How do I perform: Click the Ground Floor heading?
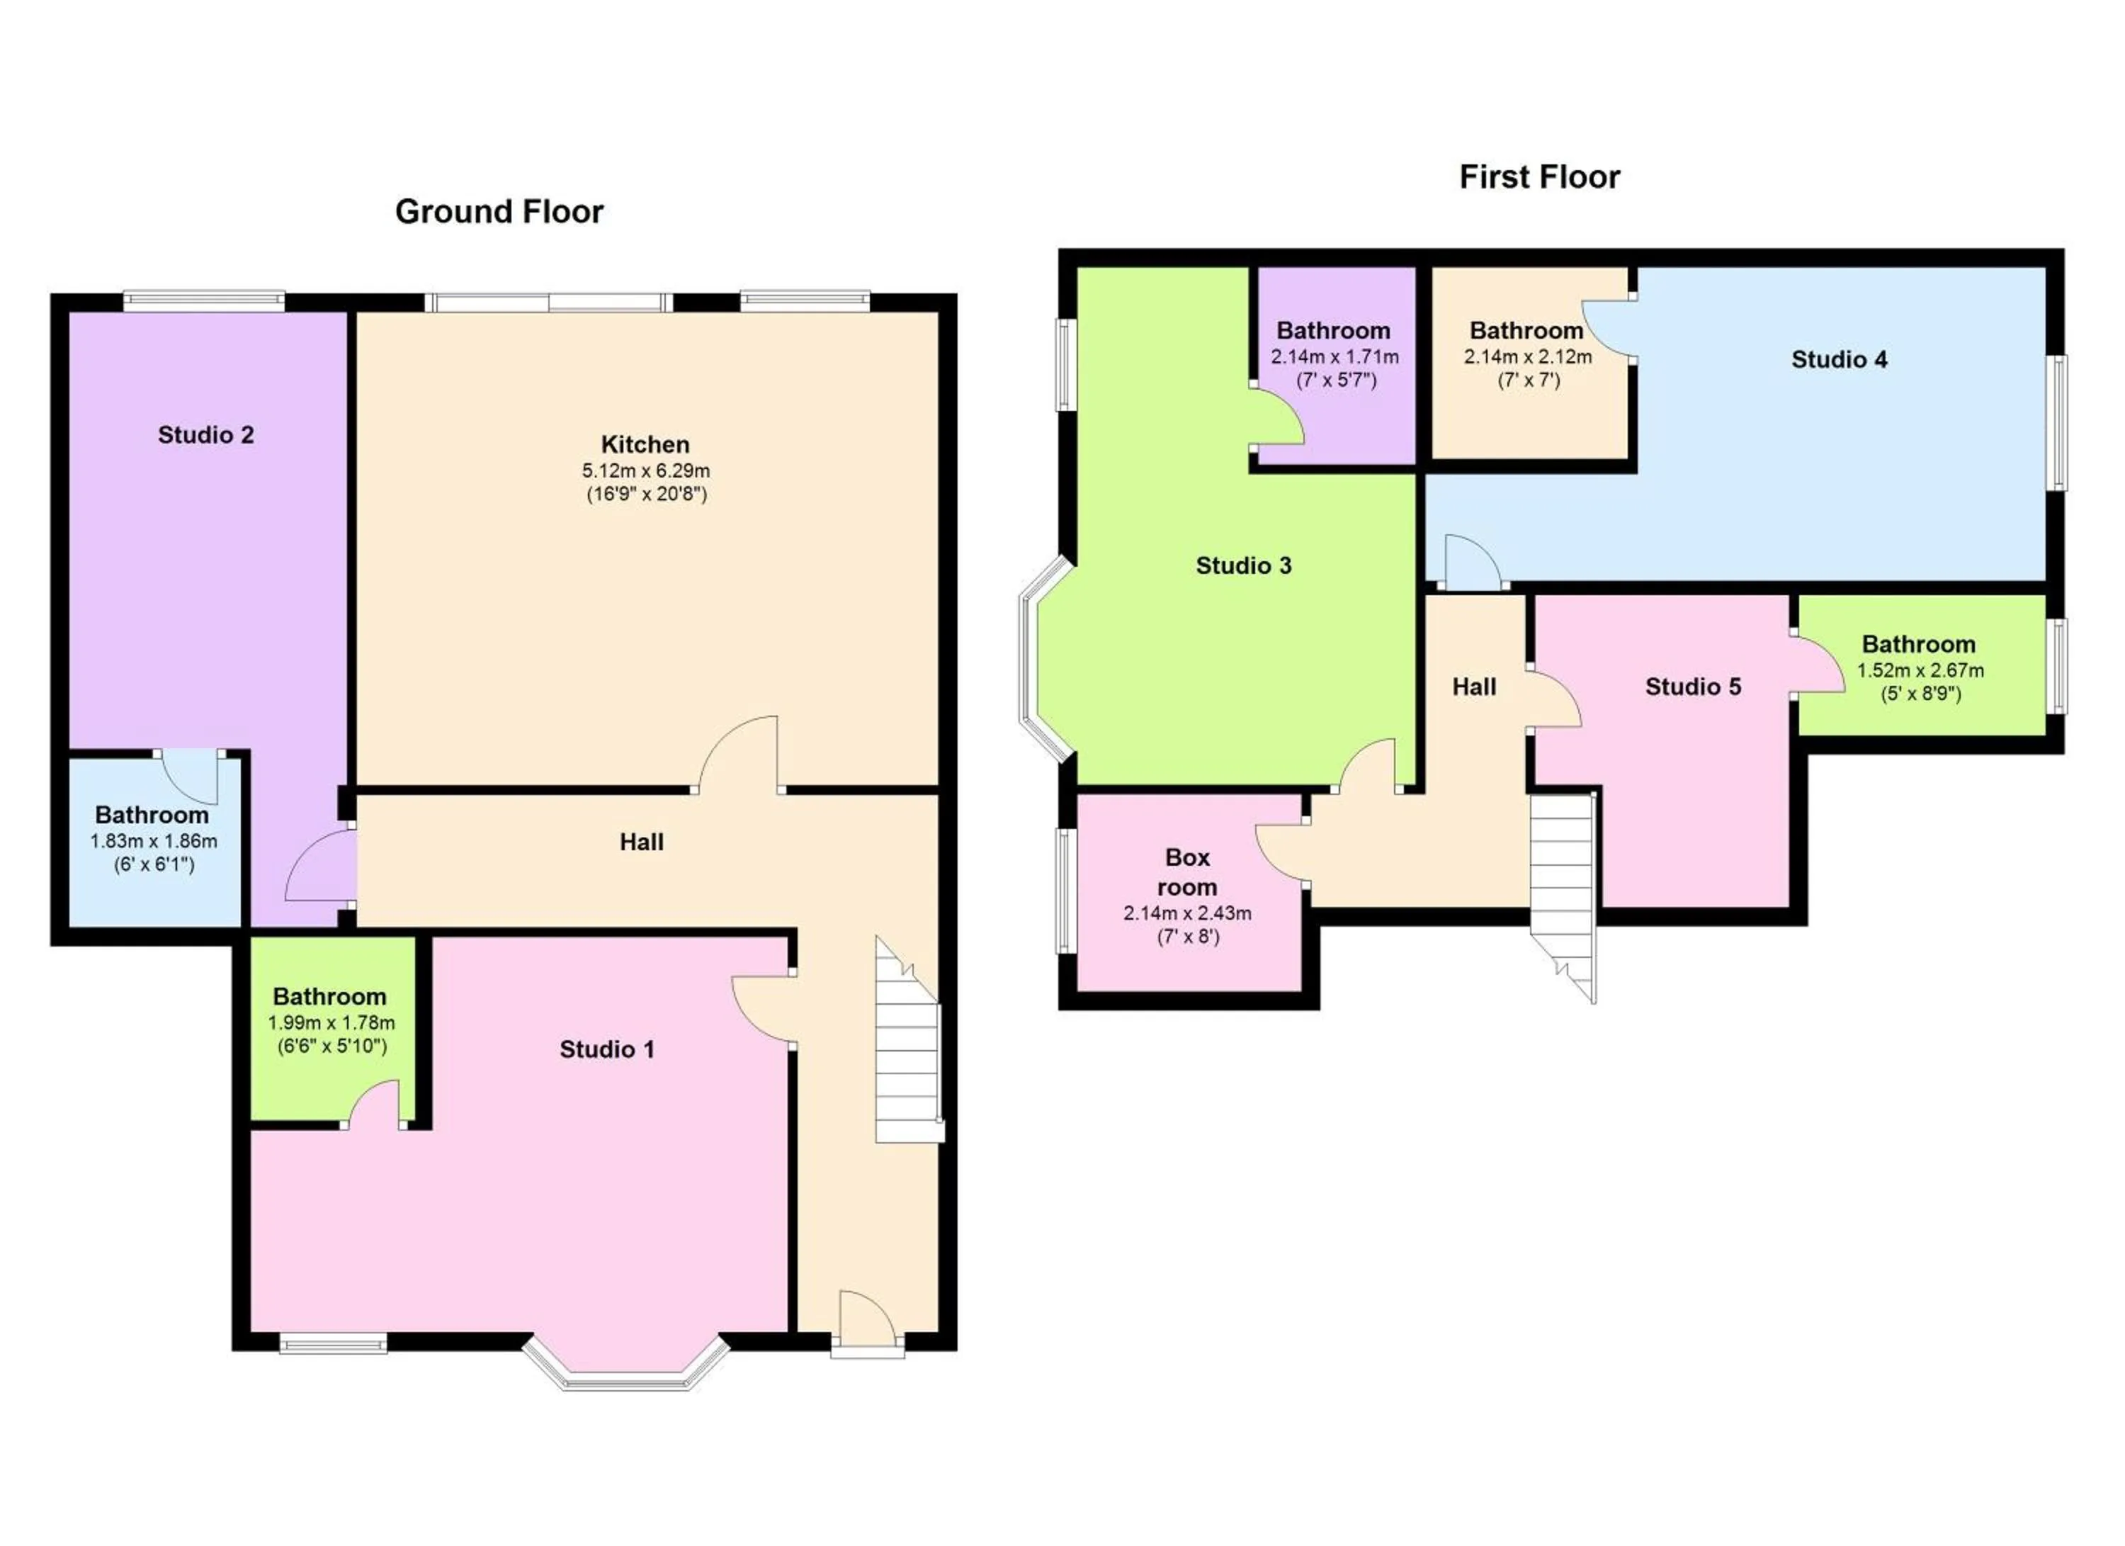click(499, 212)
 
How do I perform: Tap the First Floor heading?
click(1538, 177)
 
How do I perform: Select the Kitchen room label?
click(645, 444)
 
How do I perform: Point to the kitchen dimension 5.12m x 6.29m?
click(645, 470)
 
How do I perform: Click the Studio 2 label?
click(205, 435)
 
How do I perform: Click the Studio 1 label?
click(606, 1049)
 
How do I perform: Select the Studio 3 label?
click(1243, 565)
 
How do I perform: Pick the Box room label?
click(1186, 871)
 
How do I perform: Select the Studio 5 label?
click(1692, 687)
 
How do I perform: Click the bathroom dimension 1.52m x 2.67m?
click(1920, 671)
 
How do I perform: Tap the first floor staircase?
click(1563, 890)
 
